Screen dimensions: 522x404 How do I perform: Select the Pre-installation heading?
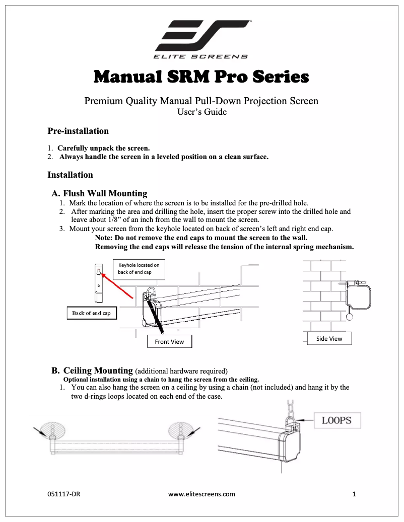point(78,131)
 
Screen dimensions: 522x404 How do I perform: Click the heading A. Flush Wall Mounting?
point(100,193)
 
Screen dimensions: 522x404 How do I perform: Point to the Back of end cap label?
point(91,313)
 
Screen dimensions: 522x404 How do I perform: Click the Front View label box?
point(169,342)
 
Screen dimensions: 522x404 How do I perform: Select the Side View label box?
point(329,339)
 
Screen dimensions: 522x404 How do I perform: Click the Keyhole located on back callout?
point(139,268)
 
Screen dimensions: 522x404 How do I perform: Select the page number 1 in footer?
point(354,494)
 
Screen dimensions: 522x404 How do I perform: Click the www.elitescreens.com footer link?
point(201,494)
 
